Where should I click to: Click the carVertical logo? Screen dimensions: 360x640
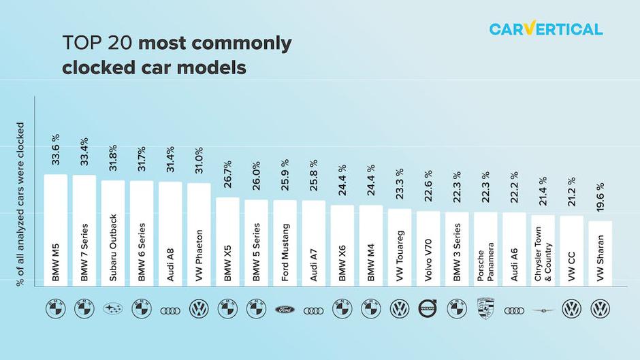click(x=545, y=29)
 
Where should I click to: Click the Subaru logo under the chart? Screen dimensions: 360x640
click(x=113, y=310)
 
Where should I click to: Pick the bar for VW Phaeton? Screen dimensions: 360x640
click(x=199, y=234)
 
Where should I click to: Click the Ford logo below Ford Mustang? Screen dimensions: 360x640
click(x=285, y=310)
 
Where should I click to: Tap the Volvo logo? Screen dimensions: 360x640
click(x=428, y=309)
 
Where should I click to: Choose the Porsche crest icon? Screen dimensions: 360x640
click(x=485, y=309)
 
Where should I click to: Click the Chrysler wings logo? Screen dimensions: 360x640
click(x=543, y=310)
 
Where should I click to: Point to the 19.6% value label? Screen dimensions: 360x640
click(x=600, y=197)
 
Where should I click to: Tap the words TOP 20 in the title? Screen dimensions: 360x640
click(x=98, y=44)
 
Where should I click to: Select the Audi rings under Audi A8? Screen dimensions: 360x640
click(x=170, y=310)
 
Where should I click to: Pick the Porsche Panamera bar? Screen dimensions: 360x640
click(x=485, y=249)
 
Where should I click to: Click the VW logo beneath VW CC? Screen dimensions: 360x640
click(x=571, y=310)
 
